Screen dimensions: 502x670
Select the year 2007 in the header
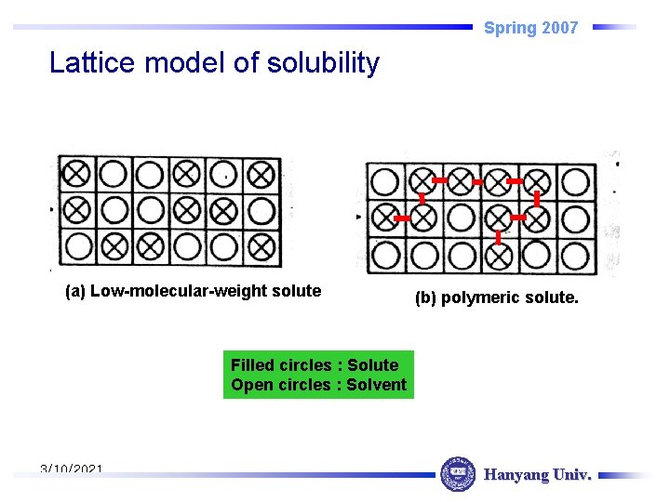(x=558, y=28)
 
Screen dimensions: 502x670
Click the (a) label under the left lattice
(x=75, y=291)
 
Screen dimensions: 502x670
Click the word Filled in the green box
(x=251, y=365)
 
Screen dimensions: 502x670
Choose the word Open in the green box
(x=250, y=385)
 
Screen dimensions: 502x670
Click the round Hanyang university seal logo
(x=457, y=474)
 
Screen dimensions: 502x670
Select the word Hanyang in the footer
(x=516, y=475)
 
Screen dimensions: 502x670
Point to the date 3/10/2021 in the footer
(x=72, y=470)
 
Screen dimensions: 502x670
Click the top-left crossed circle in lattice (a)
(x=76, y=173)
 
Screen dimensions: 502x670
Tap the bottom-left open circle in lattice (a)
(x=78, y=246)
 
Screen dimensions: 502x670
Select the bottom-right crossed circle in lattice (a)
(x=262, y=246)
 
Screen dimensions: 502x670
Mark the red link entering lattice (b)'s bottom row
(x=499, y=237)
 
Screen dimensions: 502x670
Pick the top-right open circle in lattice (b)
(x=576, y=181)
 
